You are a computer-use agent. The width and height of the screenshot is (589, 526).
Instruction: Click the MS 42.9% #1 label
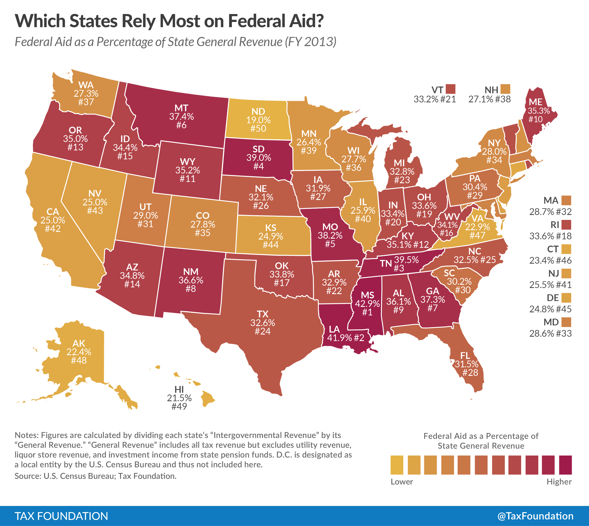[367, 303]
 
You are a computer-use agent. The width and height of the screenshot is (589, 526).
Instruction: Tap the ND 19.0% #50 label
[258, 120]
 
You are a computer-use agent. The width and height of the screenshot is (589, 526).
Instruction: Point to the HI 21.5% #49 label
[179, 398]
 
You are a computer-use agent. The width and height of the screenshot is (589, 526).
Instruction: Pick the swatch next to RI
[566, 225]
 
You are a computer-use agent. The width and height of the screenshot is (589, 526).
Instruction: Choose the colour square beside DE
[566, 298]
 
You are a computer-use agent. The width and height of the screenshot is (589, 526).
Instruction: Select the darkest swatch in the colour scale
[565, 465]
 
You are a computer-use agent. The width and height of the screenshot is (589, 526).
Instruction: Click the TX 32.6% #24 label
[263, 323]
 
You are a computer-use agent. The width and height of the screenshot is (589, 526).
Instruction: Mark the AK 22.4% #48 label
[79, 352]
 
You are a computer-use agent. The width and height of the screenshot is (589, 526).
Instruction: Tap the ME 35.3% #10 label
[539, 111]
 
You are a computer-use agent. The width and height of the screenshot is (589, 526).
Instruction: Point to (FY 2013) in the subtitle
[311, 42]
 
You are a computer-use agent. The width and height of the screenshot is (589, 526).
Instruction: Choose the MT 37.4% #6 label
[181, 117]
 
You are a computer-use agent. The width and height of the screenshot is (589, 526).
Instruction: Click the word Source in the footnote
[27, 476]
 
